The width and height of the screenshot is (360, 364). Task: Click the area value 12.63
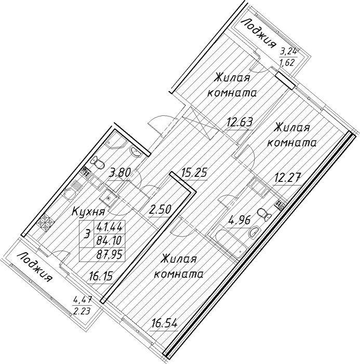tap(240, 122)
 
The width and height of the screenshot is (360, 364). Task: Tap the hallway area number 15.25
tap(194, 173)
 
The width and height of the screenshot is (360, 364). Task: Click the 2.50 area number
tap(161, 210)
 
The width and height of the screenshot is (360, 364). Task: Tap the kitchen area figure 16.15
tap(101, 276)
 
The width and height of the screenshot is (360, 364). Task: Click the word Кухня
tap(89, 211)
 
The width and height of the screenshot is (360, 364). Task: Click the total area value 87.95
tap(110, 255)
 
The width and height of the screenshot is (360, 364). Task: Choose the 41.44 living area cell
tap(110, 226)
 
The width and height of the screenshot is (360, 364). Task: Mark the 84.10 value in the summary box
tap(110, 240)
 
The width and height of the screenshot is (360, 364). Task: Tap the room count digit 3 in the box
tap(87, 234)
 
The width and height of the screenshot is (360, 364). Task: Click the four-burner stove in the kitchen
tap(46, 222)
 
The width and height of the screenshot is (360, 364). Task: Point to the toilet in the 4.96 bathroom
tap(264, 214)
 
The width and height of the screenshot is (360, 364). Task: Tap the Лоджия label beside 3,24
tap(258, 33)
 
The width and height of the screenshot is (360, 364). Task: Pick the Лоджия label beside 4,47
tap(35, 267)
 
